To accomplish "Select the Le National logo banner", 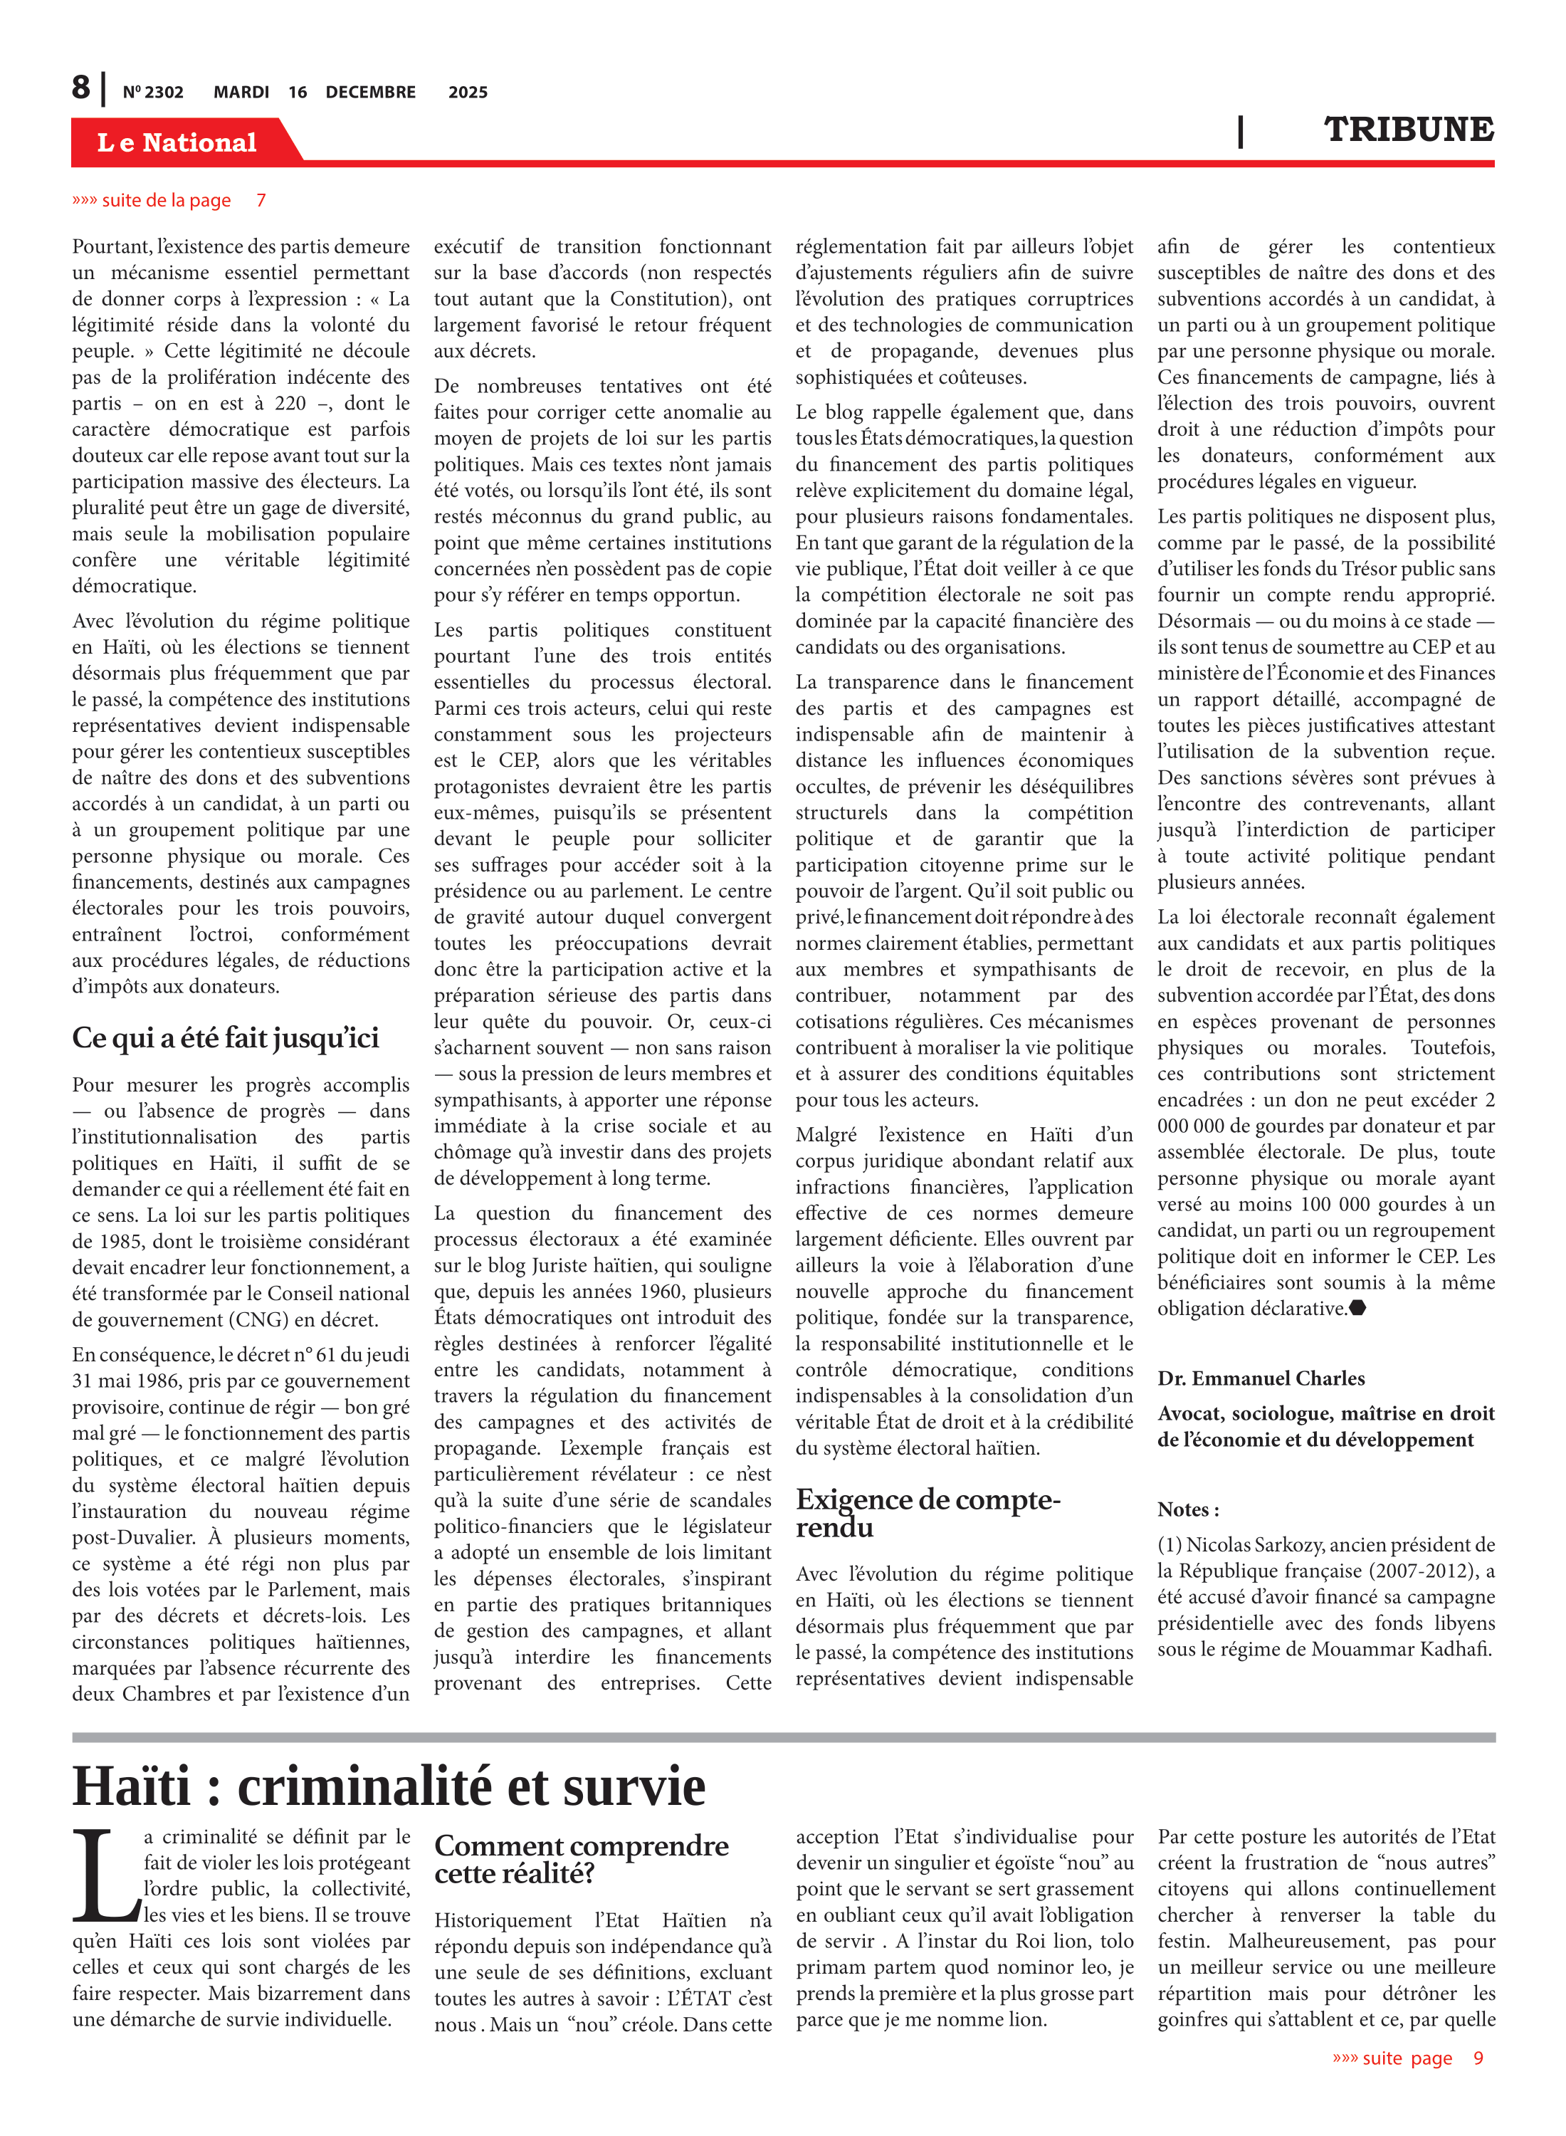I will tap(177, 142).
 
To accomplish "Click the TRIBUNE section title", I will tap(1409, 130).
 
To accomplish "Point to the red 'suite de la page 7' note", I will tap(169, 200).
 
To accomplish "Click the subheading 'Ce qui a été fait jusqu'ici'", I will tap(226, 1038).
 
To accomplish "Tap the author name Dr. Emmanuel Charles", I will tap(1261, 1378).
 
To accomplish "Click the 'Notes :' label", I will tap(1188, 1509).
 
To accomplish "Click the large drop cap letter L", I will tap(106, 1875).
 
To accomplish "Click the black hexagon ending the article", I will tap(1357, 1309).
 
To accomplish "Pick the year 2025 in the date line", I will tap(468, 92).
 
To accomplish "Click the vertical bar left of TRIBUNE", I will tap(1240, 131).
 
